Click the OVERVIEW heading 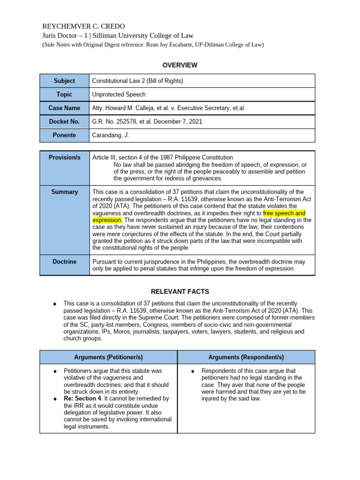(x=180, y=65)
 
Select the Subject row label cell (x=64, y=81)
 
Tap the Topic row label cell (x=64, y=94)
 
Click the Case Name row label (x=64, y=108)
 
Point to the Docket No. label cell (x=64, y=121)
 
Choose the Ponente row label (x=64, y=135)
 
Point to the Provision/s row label (x=64, y=157)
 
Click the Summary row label (x=64, y=192)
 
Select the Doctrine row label (x=64, y=262)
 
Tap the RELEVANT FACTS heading (x=180, y=292)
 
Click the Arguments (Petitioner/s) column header (x=108, y=357)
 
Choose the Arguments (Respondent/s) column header (x=246, y=357)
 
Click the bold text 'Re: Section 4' (x=82, y=398)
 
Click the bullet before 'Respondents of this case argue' (x=192, y=371)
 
